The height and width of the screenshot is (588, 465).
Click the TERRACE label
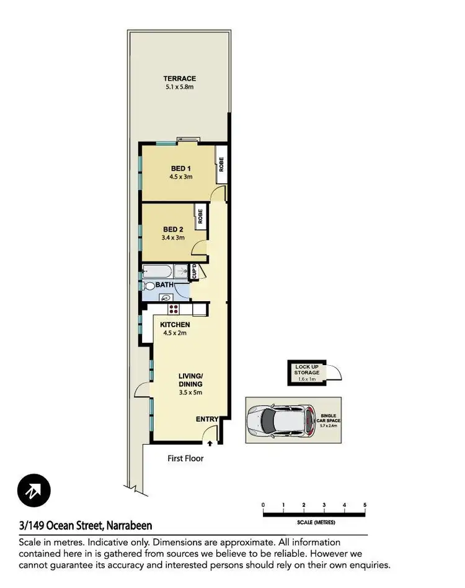(179, 79)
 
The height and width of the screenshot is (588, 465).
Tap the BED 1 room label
(180, 168)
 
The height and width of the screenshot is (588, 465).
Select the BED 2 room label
(172, 228)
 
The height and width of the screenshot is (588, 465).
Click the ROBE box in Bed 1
(221, 165)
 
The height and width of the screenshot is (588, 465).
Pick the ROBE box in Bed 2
(200, 215)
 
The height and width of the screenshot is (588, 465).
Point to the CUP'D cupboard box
(193, 271)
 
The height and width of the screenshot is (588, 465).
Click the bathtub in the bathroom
(157, 271)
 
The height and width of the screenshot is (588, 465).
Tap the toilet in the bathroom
(149, 286)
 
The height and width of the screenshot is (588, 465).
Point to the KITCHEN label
(175, 325)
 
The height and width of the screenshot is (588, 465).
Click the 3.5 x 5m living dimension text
(191, 392)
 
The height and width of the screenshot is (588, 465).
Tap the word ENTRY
(207, 420)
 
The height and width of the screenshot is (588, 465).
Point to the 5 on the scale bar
(365, 505)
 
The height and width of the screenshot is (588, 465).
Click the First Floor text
(185, 459)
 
